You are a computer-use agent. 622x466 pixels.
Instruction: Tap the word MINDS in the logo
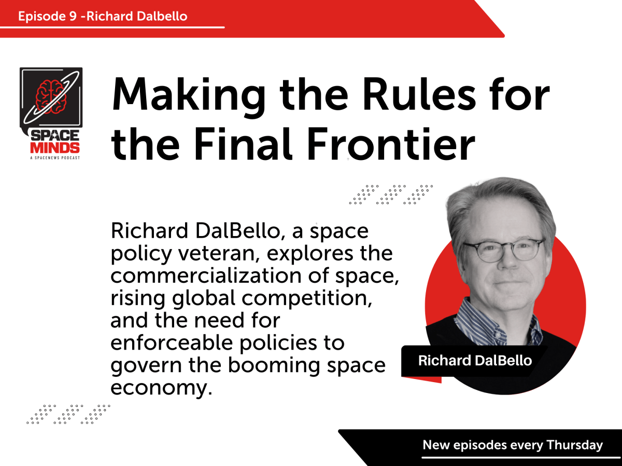(50, 147)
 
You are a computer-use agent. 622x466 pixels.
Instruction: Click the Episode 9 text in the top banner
(49, 16)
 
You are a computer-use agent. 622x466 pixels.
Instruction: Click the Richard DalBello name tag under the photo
(475, 360)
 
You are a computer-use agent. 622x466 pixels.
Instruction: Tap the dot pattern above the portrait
(391, 194)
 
